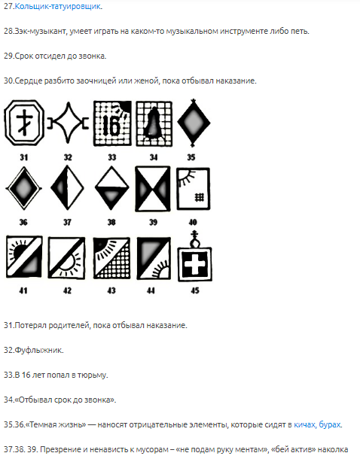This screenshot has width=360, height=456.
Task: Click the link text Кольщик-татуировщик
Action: point(58,7)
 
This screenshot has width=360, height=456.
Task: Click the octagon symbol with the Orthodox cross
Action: point(24,123)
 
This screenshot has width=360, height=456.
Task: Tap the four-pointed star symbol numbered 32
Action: point(68,123)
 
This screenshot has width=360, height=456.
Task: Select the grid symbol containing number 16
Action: point(112,123)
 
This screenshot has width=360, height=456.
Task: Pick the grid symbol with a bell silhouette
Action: point(154,123)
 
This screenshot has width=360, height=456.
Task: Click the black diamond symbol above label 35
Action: point(194,123)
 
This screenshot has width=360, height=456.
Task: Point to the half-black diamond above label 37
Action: point(67,187)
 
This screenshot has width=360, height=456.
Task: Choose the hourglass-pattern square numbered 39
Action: point(153,189)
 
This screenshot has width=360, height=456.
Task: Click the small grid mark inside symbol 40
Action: point(200,197)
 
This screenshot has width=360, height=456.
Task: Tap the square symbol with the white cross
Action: point(195,264)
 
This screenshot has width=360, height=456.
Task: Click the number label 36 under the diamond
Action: point(23,223)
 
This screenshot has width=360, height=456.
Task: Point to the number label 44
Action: point(151,290)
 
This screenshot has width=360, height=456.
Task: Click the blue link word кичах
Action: point(304,424)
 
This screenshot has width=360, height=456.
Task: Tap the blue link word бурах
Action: point(329,424)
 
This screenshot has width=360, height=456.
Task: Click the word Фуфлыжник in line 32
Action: point(38,350)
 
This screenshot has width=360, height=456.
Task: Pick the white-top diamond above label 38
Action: point(111,187)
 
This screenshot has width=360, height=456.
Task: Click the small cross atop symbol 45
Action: point(195,233)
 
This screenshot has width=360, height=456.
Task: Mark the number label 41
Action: point(23,290)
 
